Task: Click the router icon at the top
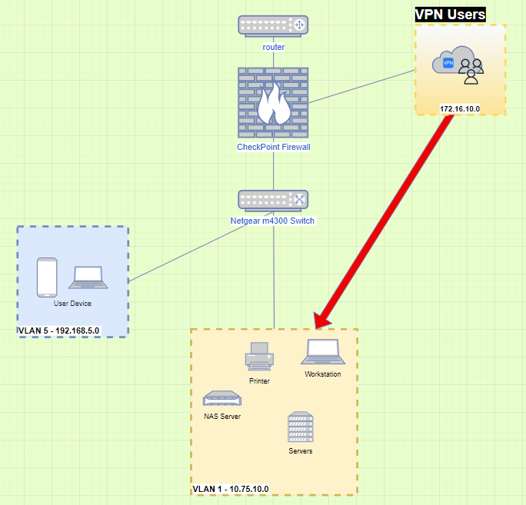click(x=273, y=25)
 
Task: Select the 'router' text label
click(x=273, y=47)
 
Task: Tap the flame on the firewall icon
click(x=273, y=105)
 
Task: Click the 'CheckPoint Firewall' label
click(x=273, y=147)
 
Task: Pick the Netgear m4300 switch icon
click(x=273, y=200)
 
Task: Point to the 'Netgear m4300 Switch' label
click(x=273, y=221)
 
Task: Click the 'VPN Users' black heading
click(x=450, y=14)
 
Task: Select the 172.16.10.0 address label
click(x=460, y=108)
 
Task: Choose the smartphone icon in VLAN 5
click(x=48, y=277)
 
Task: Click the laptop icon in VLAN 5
click(x=89, y=278)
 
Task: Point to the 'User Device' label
click(x=72, y=304)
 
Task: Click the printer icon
click(x=258, y=357)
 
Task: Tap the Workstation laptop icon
click(x=322, y=351)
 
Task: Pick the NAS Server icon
click(x=222, y=399)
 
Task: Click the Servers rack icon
click(x=301, y=427)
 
